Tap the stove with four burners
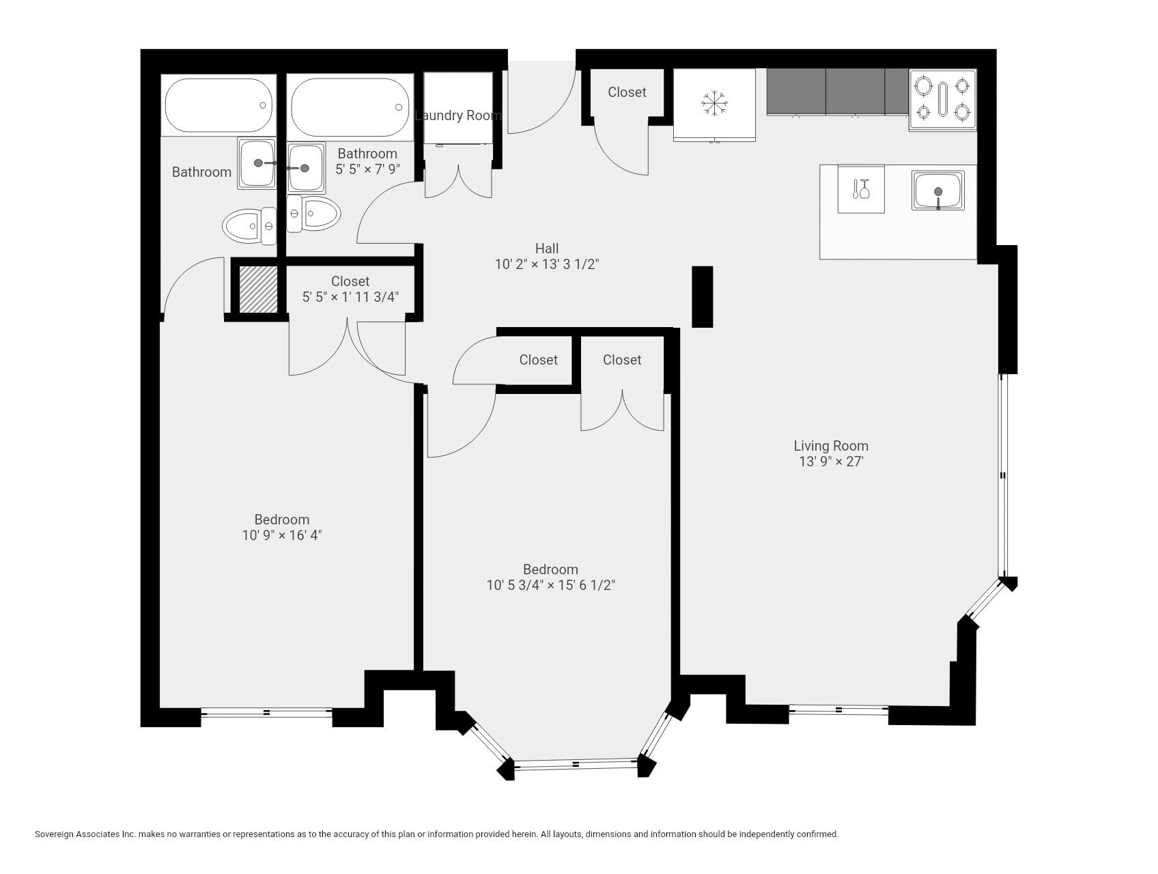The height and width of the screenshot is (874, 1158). pyautogui.click(x=942, y=100)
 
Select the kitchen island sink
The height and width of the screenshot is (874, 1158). pyautogui.click(x=938, y=191)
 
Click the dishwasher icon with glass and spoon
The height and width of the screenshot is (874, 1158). pyautogui.click(x=861, y=189)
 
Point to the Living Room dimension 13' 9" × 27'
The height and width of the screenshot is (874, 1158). pyautogui.click(x=831, y=462)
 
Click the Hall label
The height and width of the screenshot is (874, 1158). pyautogui.click(x=546, y=249)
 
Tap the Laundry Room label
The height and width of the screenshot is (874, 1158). pyautogui.click(x=457, y=115)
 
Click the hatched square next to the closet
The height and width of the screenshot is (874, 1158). pyautogui.click(x=258, y=289)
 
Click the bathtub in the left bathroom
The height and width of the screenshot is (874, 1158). pyautogui.click(x=218, y=105)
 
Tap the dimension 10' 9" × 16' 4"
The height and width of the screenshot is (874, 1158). pyautogui.click(x=281, y=535)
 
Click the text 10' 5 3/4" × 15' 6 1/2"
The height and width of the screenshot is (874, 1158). pyautogui.click(x=550, y=585)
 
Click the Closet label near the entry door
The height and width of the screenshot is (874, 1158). pyautogui.click(x=627, y=92)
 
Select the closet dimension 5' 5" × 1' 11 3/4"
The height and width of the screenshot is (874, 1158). pyautogui.click(x=350, y=297)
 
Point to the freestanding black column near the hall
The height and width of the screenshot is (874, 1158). pyautogui.click(x=702, y=296)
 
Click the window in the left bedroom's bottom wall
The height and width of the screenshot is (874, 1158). pyautogui.click(x=266, y=713)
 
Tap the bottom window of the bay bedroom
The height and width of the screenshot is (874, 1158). pyautogui.click(x=576, y=763)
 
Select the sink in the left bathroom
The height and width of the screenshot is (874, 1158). pyautogui.click(x=257, y=163)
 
